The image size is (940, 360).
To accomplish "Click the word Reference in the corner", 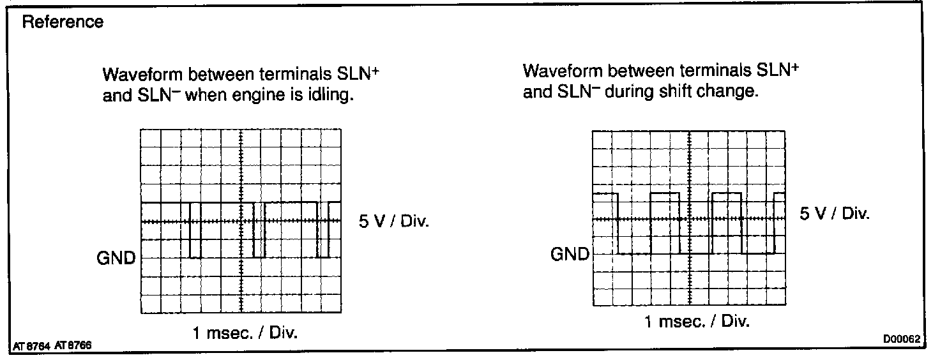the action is click(x=63, y=22).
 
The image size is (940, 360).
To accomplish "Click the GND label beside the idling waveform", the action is click(x=116, y=259).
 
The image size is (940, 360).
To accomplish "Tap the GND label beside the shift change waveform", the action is click(x=570, y=255).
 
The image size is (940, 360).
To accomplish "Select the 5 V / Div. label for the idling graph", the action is click(x=395, y=222).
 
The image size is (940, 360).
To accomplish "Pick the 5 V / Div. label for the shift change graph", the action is click(x=835, y=213).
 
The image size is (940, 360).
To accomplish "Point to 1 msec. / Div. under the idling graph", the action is click(x=245, y=333).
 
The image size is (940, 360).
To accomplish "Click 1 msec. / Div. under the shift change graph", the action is click(x=697, y=322).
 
